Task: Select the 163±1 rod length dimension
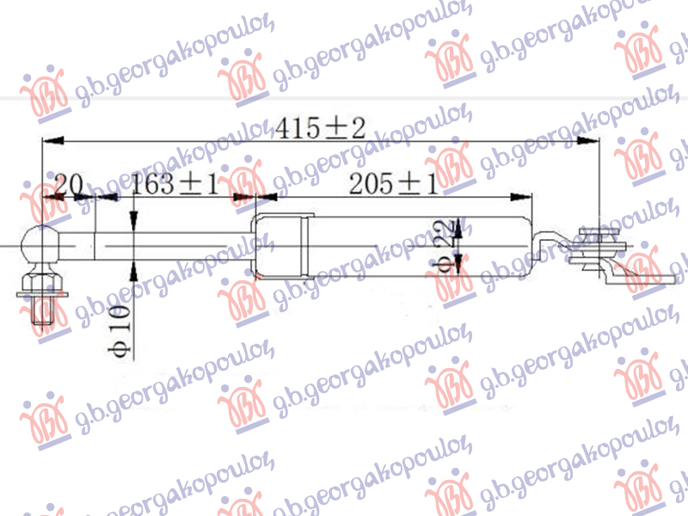click(175, 183)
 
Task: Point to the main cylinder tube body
click(413, 247)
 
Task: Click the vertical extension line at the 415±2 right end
click(598, 181)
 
